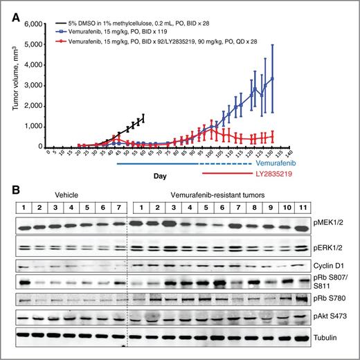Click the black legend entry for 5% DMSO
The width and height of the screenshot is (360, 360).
132,24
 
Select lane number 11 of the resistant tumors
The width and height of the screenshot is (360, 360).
303,207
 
